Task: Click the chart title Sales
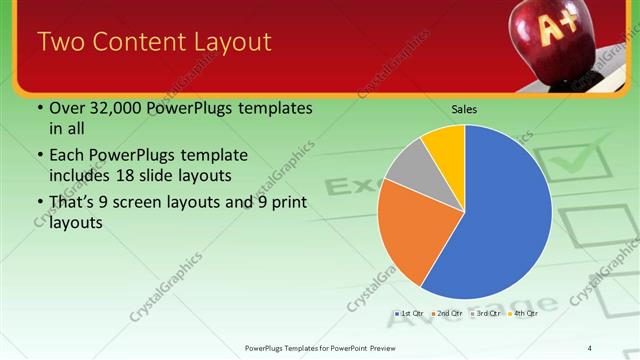[x=464, y=108]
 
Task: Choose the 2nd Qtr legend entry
[x=448, y=314]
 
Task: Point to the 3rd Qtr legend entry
[x=484, y=314]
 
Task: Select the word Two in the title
[x=60, y=42]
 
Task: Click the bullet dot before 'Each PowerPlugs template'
[x=40, y=156]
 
